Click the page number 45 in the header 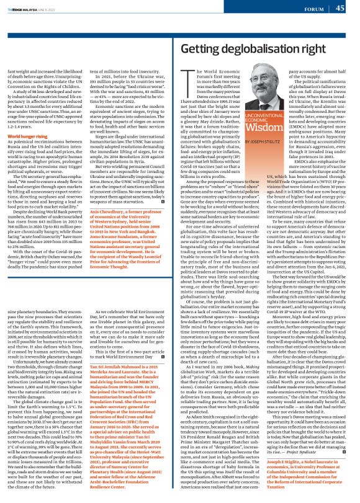(340, 8)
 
